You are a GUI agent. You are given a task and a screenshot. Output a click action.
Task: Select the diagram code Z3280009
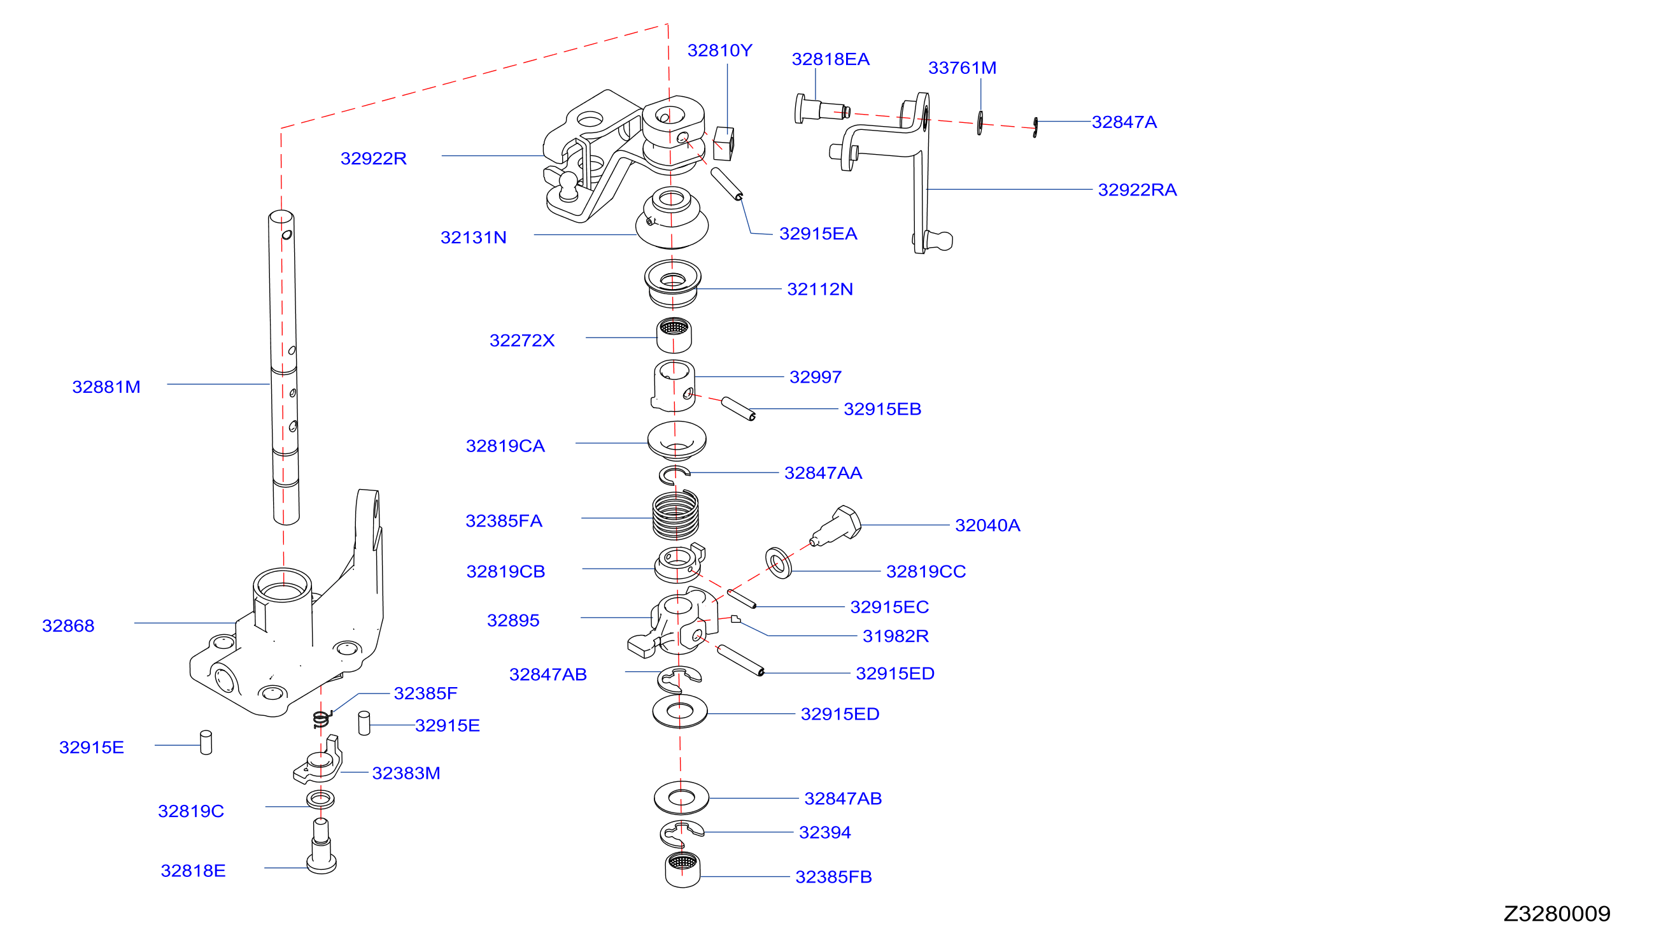point(1557,914)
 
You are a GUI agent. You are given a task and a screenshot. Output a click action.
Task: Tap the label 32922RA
point(1137,190)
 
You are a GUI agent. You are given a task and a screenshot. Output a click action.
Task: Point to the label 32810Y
point(720,50)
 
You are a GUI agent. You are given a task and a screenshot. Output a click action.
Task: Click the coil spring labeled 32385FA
point(675,515)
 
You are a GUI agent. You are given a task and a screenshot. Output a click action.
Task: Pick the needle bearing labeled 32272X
point(674,335)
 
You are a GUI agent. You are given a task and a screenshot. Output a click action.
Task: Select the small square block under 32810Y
point(723,143)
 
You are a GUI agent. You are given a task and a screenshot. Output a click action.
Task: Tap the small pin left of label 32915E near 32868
point(206,742)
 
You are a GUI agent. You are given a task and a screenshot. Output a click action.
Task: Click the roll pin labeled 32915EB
point(738,409)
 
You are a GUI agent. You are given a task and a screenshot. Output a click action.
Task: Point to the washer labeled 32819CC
point(779,562)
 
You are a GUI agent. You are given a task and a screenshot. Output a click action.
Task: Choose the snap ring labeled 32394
point(681,834)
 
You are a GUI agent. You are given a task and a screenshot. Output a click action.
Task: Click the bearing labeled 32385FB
point(682,870)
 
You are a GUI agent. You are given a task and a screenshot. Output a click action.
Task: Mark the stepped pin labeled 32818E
point(322,846)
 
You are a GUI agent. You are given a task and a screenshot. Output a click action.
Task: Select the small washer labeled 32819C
point(320,799)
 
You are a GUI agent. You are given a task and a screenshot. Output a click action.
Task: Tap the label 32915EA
point(818,234)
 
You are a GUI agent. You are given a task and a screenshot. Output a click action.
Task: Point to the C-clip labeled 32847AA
point(674,476)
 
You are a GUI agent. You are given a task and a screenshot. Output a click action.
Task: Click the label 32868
point(68,626)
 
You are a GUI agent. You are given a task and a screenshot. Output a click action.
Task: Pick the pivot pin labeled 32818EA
point(821,109)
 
